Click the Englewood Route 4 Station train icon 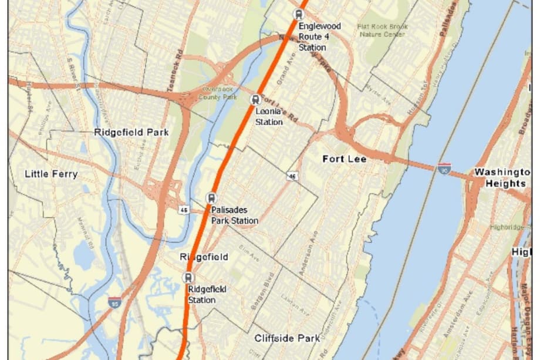click(x=299, y=15)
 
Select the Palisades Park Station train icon click(x=211, y=198)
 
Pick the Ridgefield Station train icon click(x=188, y=278)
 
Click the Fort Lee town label click(x=345, y=159)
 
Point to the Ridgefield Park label click(x=131, y=132)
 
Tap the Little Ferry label click(x=51, y=174)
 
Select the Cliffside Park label click(x=287, y=338)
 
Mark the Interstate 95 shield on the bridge click(x=444, y=169)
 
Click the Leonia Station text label click(x=269, y=117)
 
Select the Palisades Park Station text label click(x=234, y=216)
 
